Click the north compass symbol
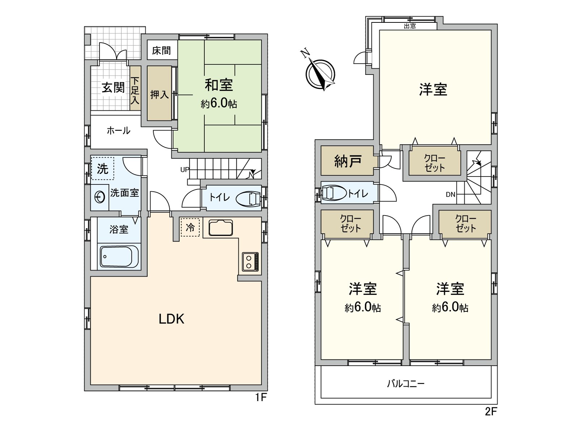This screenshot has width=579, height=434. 320,73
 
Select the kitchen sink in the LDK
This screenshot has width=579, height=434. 220,227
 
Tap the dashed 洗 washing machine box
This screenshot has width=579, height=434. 102,168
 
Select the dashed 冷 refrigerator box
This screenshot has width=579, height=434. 190,227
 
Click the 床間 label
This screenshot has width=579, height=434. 161,50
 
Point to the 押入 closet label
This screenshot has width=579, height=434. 159,94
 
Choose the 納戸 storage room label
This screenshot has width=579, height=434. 347,161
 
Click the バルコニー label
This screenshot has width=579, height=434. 406,383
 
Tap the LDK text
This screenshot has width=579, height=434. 172,319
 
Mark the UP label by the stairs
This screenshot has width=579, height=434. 185,170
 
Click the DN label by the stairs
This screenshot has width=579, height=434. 450,195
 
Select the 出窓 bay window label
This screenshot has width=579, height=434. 410,26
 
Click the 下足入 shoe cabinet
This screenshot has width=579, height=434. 135,90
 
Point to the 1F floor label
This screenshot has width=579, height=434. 261,398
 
